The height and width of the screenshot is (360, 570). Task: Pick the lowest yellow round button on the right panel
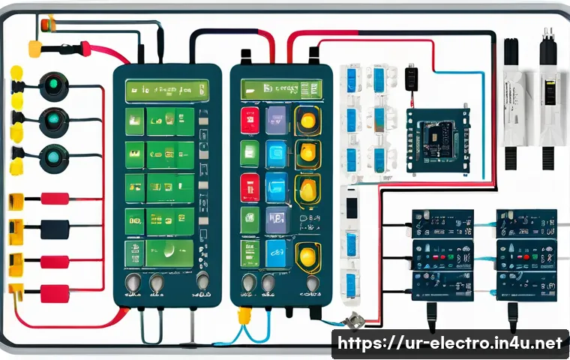coord(307,256)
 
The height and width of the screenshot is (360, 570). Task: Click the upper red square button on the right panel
coord(250,119)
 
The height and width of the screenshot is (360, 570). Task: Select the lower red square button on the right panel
coord(250,187)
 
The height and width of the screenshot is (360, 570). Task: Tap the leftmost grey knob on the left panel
coord(133,283)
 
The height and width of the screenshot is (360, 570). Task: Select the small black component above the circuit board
coord(409,78)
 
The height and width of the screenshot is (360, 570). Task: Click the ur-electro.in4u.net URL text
coord(450,343)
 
